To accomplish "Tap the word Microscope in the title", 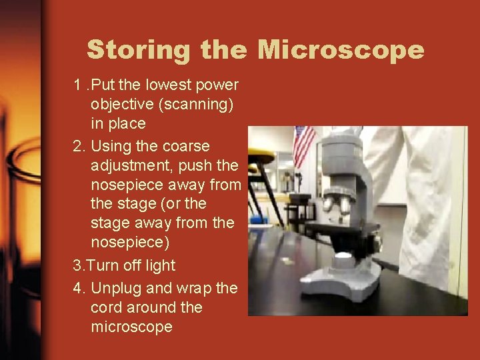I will point(341,50).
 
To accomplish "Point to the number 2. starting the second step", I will point(79,146).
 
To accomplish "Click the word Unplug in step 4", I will point(116,288).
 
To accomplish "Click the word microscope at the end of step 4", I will point(131,327).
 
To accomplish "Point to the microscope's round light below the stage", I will point(343,255).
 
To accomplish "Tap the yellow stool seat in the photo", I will point(261,157).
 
